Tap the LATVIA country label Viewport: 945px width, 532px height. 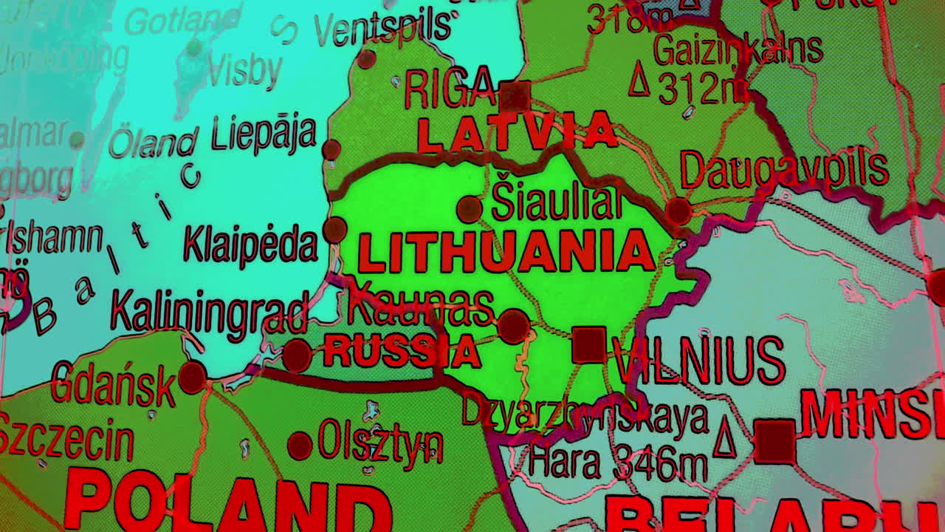pyautogui.click(x=516, y=132)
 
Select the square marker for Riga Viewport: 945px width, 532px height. pyautogui.click(x=515, y=97)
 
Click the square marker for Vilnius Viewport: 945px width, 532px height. pyautogui.click(x=589, y=345)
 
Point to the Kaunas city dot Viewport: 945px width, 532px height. pyautogui.click(x=513, y=326)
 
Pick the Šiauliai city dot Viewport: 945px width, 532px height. pyautogui.click(x=469, y=209)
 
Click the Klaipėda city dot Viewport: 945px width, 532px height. pyautogui.click(x=334, y=229)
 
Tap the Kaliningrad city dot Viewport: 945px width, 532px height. pyautogui.click(x=297, y=355)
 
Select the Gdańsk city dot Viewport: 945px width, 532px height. pyautogui.click(x=192, y=377)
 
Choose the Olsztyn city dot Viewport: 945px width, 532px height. pyautogui.click(x=300, y=446)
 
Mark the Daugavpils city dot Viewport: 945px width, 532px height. pyautogui.click(x=678, y=211)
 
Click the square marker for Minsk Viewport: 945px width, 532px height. pyautogui.click(x=774, y=441)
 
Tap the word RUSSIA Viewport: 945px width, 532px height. pyautogui.click(x=402, y=351)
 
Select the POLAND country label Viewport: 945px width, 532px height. pyautogui.click(x=229, y=502)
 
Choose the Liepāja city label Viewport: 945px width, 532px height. pyautogui.click(x=264, y=135)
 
